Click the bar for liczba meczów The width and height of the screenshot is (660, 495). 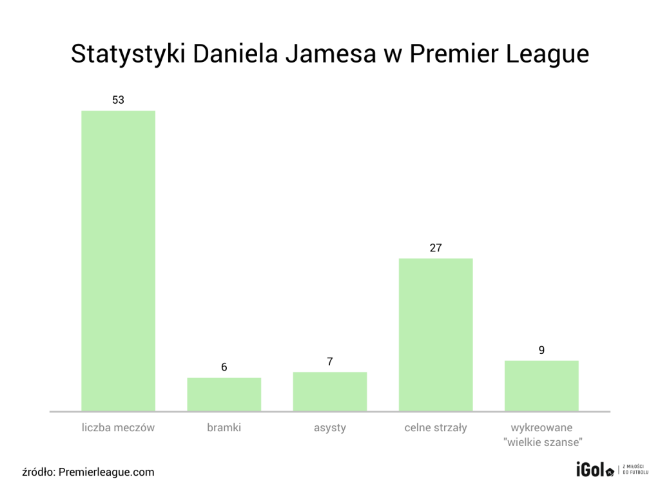tap(118, 260)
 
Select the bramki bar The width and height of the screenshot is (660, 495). tap(224, 394)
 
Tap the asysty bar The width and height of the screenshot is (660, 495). tap(329, 391)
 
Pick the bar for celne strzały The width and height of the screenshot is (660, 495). tap(436, 335)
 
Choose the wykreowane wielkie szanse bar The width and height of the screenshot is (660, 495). tap(541, 385)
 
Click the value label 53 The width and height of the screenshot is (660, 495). tap(118, 100)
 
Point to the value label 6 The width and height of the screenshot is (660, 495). tap(224, 367)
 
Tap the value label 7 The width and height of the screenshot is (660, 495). tap(329, 362)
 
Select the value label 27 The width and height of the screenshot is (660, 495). tap(436, 247)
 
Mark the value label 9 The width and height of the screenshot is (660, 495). tap(541, 351)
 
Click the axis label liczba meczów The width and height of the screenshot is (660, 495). tap(118, 427)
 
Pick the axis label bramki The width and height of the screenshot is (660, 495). tap(224, 427)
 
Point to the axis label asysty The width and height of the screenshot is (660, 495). tap(329, 427)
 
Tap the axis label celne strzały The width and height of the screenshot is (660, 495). tap(436, 427)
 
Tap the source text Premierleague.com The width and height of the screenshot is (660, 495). tap(106, 472)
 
